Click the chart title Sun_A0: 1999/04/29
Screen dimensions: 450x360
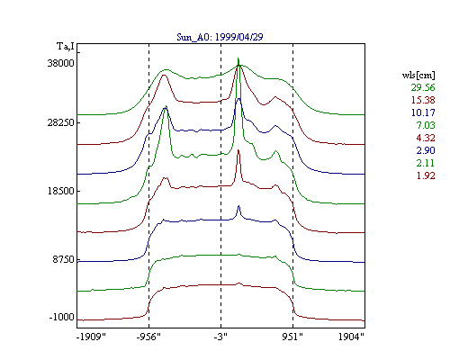coord(220,37)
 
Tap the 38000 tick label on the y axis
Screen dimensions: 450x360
coord(60,63)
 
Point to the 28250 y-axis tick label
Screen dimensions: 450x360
coord(60,122)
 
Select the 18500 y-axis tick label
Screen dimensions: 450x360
coord(60,191)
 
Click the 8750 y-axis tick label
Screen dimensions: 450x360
coord(63,259)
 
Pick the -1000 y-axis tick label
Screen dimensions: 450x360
coord(61,317)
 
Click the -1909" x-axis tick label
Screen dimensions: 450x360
coord(91,337)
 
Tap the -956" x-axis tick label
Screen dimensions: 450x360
coord(148,337)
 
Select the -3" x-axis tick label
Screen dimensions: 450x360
coord(220,337)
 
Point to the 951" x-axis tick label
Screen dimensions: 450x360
coord(292,337)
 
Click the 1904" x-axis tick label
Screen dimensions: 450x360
coord(351,337)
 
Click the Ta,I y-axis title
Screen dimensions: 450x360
coord(66,47)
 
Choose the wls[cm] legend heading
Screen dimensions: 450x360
coord(418,76)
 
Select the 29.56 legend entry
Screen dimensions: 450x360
coord(423,87)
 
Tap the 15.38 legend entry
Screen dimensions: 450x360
coord(423,100)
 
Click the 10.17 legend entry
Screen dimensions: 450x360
coord(423,112)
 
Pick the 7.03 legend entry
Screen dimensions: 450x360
coord(426,125)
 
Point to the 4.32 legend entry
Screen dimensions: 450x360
coord(426,138)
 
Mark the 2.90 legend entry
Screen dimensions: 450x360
coord(426,150)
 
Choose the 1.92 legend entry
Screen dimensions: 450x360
coord(426,175)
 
